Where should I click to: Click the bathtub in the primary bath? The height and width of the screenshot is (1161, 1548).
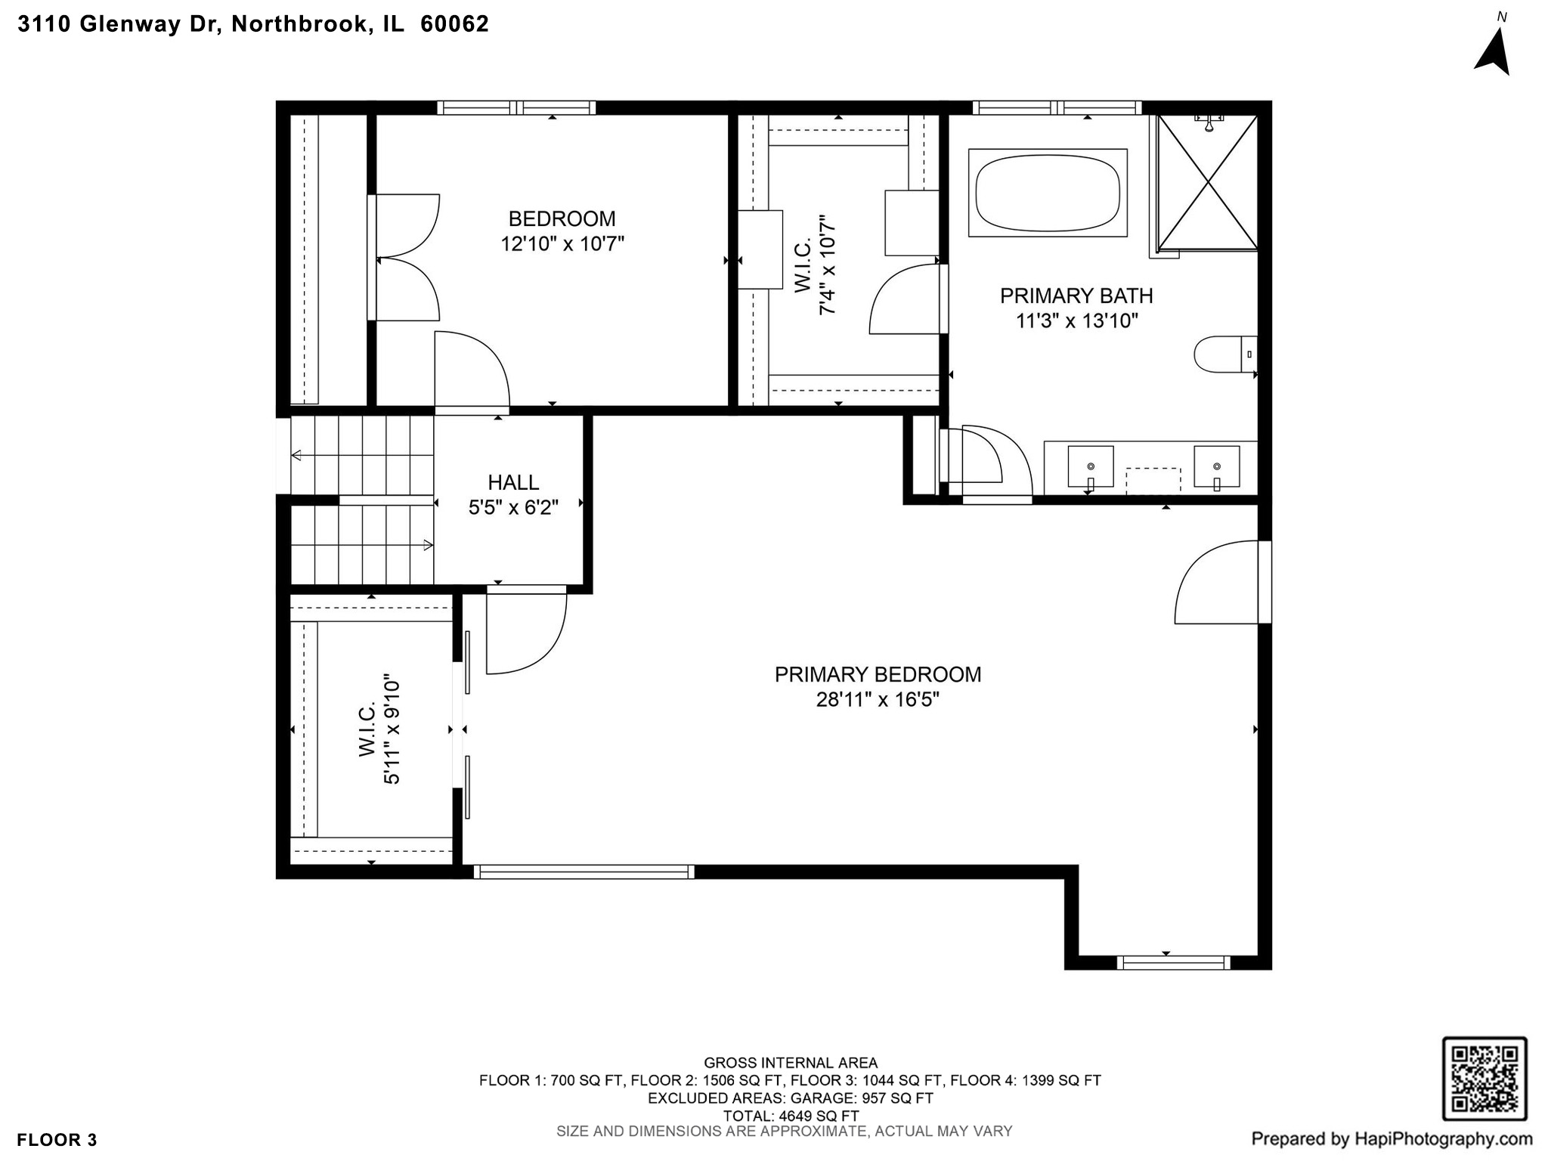[1047, 193]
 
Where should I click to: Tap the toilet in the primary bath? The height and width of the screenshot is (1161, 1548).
[1218, 354]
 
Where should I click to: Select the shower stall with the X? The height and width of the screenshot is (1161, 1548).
[1208, 182]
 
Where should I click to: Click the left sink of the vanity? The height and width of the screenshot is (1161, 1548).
[1090, 466]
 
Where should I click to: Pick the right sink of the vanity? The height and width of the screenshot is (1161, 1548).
[1216, 466]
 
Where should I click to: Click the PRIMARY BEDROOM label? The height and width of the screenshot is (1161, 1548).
[878, 674]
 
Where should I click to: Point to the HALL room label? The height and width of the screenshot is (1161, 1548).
[513, 482]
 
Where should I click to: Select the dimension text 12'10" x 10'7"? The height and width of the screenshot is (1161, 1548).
[562, 244]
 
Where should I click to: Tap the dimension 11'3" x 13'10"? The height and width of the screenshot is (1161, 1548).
[1076, 321]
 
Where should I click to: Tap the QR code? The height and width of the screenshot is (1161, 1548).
[1485, 1079]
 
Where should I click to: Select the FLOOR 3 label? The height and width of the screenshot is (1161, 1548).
[57, 1140]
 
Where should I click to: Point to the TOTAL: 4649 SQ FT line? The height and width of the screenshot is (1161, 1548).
[790, 1116]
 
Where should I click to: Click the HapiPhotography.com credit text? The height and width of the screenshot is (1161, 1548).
[1392, 1138]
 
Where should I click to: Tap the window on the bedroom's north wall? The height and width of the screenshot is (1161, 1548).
[516, 107]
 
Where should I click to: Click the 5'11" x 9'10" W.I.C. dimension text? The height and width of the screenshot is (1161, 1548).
[392, 729]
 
